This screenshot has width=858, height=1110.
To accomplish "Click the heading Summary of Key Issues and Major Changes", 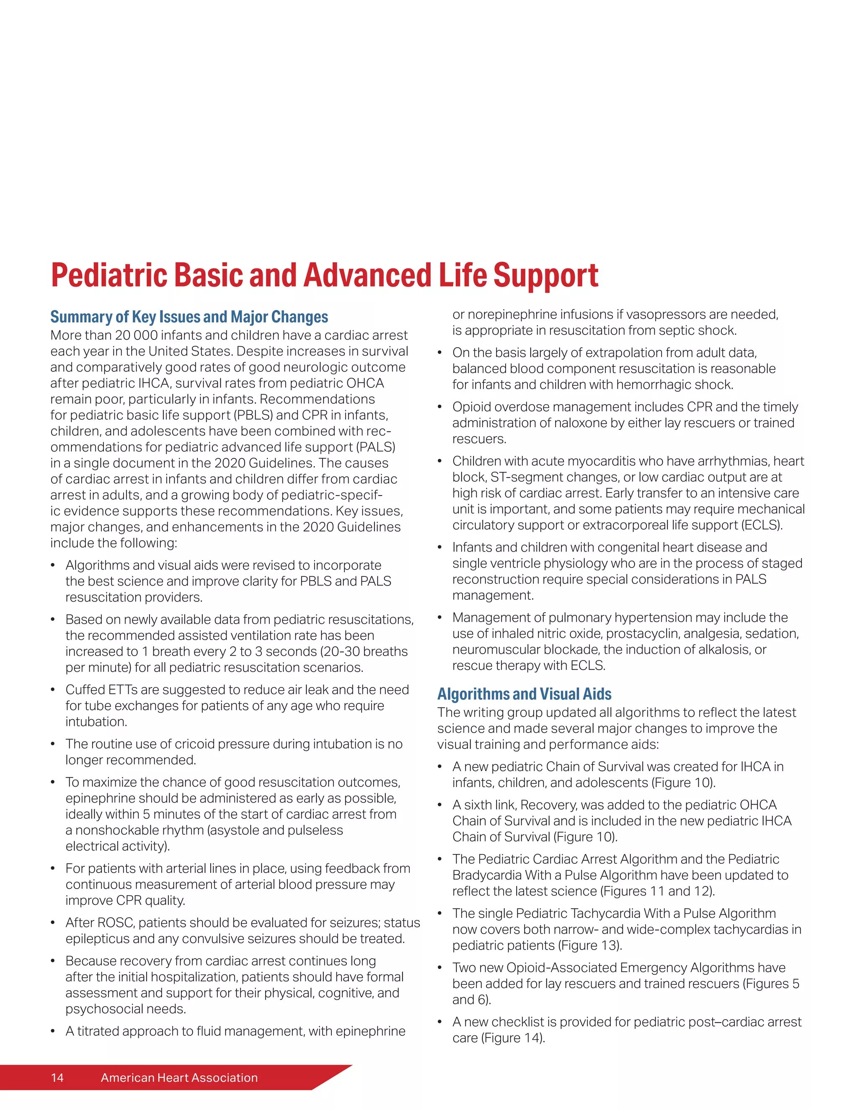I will tap(189, 317).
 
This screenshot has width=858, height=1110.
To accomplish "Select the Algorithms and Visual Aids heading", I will tap(524, 694).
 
